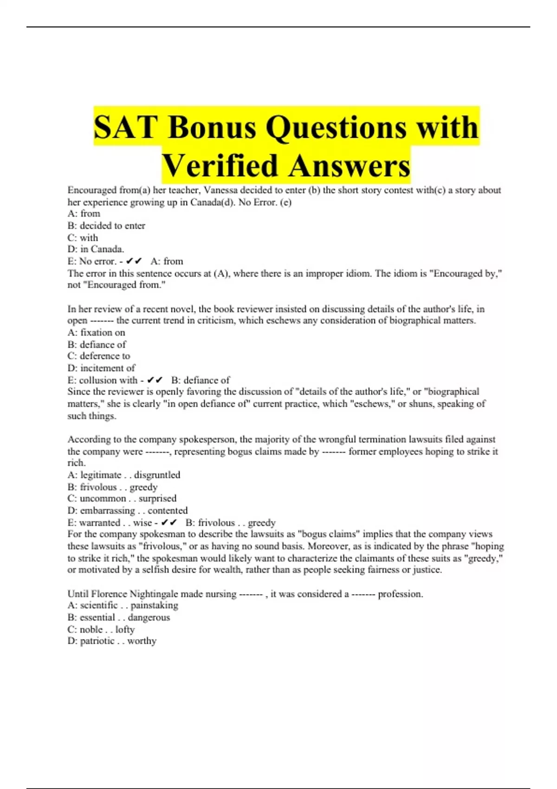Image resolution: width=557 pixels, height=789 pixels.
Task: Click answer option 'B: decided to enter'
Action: (106, 226)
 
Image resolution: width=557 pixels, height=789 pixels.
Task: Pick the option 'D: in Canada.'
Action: (96, 249)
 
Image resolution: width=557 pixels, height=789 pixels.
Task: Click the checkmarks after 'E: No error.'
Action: (134, 261)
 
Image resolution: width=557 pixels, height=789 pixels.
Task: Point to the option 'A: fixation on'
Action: (96, 332)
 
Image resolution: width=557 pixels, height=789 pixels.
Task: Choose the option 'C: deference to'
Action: (99, 356)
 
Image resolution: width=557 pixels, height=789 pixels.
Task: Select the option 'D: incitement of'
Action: (101, 368)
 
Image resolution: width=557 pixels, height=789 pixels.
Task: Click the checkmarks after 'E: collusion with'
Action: (155, 380)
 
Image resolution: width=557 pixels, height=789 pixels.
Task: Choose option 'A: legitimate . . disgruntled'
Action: (123, 475)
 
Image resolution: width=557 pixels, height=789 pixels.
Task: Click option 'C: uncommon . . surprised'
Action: (122, 498)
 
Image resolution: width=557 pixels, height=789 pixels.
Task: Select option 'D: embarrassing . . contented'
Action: (127, 511)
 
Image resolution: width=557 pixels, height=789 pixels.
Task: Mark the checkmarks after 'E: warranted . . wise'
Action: (169, 523)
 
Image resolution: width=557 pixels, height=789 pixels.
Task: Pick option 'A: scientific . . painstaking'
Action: (123, 605)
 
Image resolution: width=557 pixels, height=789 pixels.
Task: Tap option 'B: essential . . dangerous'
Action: (118, 617)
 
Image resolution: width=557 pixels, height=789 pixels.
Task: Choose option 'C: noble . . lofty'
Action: (101, 629)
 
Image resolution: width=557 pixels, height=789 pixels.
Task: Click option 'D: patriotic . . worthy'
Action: (111, 641)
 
